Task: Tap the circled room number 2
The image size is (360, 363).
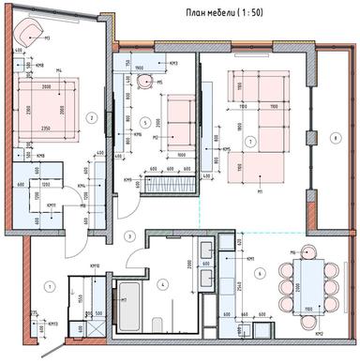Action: (x=91, y=117)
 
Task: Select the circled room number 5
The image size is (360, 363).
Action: (x=144, y=123)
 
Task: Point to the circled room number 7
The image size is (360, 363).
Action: (x=249, y=141)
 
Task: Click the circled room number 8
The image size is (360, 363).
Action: (x=334, y=140)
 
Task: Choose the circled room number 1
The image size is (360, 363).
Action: (x=52, y=285)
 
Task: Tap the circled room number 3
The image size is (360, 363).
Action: (x=131, y=235)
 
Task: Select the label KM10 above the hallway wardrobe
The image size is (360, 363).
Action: (x=94, y=265)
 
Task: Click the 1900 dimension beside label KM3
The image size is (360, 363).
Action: (x=138, y=68)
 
